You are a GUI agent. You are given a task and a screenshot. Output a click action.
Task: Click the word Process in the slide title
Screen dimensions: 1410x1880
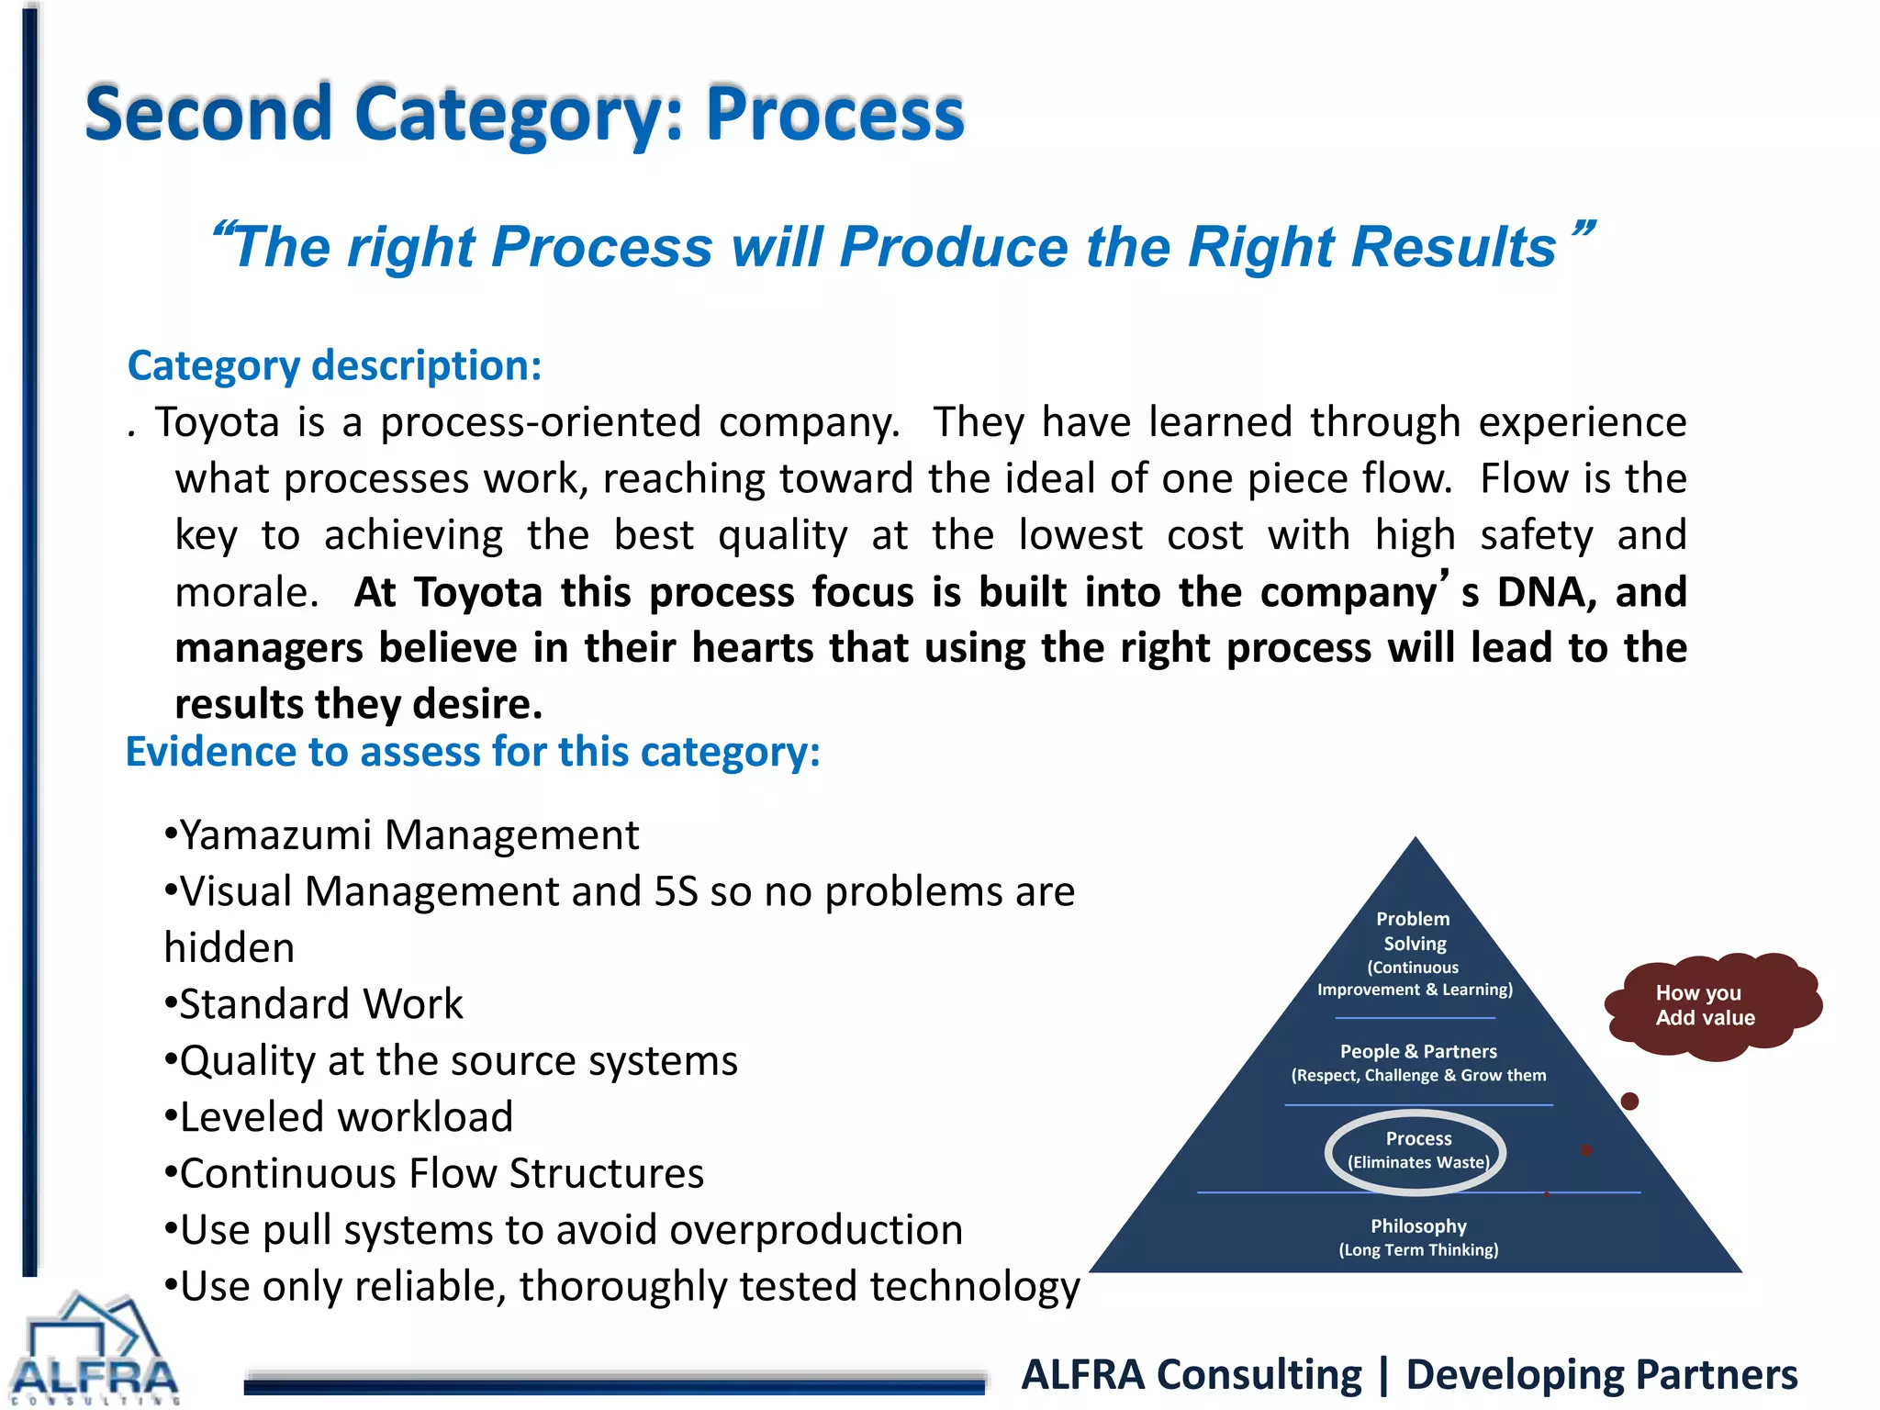(x=834, y=115)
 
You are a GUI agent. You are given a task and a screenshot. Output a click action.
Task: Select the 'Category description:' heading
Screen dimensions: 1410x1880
(x=335, y=365)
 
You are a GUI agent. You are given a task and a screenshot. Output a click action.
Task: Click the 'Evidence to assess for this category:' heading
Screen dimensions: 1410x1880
(x=473, y=752)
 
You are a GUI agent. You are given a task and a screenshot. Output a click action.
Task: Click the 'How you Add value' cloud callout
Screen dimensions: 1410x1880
(x=1707, y=1005)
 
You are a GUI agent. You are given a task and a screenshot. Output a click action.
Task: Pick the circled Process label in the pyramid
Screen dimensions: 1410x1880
(x=1417, y=1149)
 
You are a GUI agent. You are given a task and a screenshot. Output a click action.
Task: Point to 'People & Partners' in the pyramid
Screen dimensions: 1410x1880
(x=1418, y=1052)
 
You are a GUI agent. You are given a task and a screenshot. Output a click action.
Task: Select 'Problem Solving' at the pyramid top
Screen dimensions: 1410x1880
(x=1414, y=931)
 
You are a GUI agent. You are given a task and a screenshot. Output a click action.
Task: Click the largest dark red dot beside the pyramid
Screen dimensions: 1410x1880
(x=1629, y=1102)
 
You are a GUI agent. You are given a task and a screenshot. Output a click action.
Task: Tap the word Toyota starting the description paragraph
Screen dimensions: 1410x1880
(x=217, y=422)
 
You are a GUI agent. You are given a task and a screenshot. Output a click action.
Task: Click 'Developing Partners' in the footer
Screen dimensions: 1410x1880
(x=1601, y=1375)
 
